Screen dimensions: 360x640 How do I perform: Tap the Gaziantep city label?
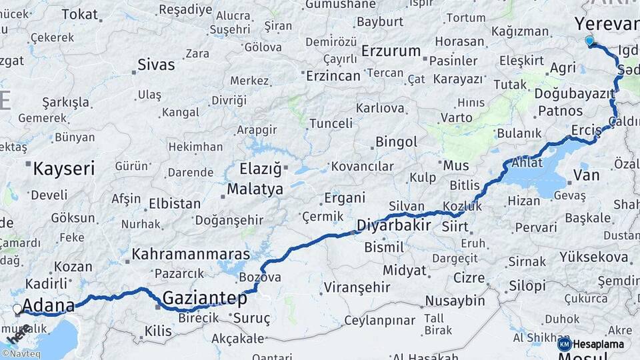coord(205,297)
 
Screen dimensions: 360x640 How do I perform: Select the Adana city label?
coord(48,306)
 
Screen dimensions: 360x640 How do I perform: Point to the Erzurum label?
coord(391,51)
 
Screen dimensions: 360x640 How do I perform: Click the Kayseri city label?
coord(63,168)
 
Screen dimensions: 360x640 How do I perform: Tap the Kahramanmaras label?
coord(191,254)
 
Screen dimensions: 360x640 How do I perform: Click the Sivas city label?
coord(156,65)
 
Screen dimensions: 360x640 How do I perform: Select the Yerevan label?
coord(607,25)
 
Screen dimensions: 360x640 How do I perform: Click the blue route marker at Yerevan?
coord(589,41)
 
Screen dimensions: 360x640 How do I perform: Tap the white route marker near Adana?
coord(17,309)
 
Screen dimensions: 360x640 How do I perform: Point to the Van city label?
coord(586,175)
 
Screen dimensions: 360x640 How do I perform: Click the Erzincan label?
coord(333,76)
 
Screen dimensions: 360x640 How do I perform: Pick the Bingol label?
coord(396,142)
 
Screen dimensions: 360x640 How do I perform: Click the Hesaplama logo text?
coord(598,345)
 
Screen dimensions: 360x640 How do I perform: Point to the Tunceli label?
coord(331,123)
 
